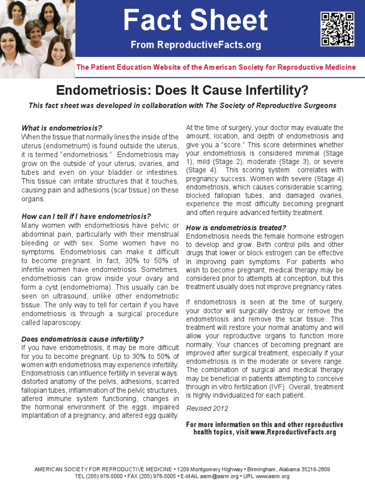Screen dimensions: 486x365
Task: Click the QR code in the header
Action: (337, 29)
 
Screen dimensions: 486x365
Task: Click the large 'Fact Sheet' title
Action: (195, 20)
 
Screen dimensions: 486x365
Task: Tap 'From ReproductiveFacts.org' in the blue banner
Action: (196, 45)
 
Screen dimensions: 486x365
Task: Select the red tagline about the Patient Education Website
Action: (216, 67)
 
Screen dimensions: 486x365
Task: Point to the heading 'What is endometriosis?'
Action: (62, 128)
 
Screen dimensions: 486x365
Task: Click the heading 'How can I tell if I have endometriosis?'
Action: (86, 216)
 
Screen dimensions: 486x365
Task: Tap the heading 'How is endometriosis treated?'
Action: (236, 227)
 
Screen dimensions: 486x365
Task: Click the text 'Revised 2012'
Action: (207, 408)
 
